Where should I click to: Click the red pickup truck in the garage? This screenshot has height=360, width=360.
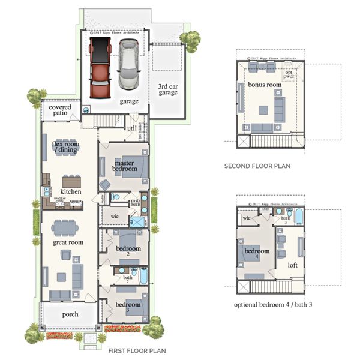[100, 68]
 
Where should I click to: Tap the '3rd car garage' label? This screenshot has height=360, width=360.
[167, 90]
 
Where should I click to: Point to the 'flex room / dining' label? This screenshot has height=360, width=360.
[67, 147]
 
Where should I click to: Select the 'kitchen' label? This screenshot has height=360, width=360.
[71, 192]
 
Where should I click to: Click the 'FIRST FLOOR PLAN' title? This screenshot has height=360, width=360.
[137, 351]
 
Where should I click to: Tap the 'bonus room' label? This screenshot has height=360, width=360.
[265, 85]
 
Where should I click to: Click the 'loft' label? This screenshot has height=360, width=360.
[293, 264]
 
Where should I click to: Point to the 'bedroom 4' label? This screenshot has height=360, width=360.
[256, 254]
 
